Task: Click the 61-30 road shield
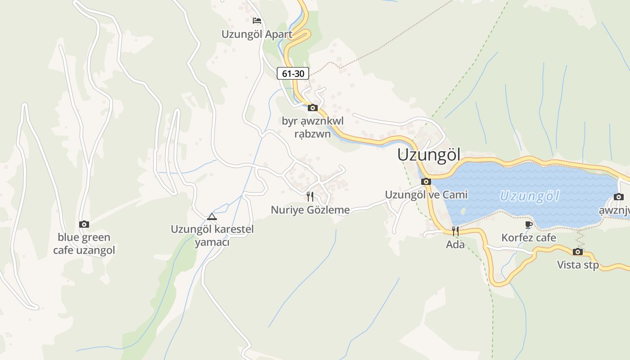point(293,73)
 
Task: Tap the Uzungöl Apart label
point(256,34)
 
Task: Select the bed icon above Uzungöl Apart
point(257,21)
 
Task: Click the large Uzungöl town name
point(429,155)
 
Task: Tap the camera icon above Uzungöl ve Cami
point(426,182)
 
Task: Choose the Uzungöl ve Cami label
point(426,194)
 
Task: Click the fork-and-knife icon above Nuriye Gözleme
point(310,197)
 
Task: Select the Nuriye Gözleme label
point(310,210)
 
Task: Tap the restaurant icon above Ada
point(455,231)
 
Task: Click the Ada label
point(455,245)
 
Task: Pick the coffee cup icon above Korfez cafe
point(529,225)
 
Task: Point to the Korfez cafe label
point(529,238)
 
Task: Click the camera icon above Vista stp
point(578,252)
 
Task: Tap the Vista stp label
point(578,265)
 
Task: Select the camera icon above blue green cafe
point(84,224)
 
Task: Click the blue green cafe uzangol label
point(84,243)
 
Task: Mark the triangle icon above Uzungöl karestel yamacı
point(212,216)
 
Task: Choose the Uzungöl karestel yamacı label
point(212,235)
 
